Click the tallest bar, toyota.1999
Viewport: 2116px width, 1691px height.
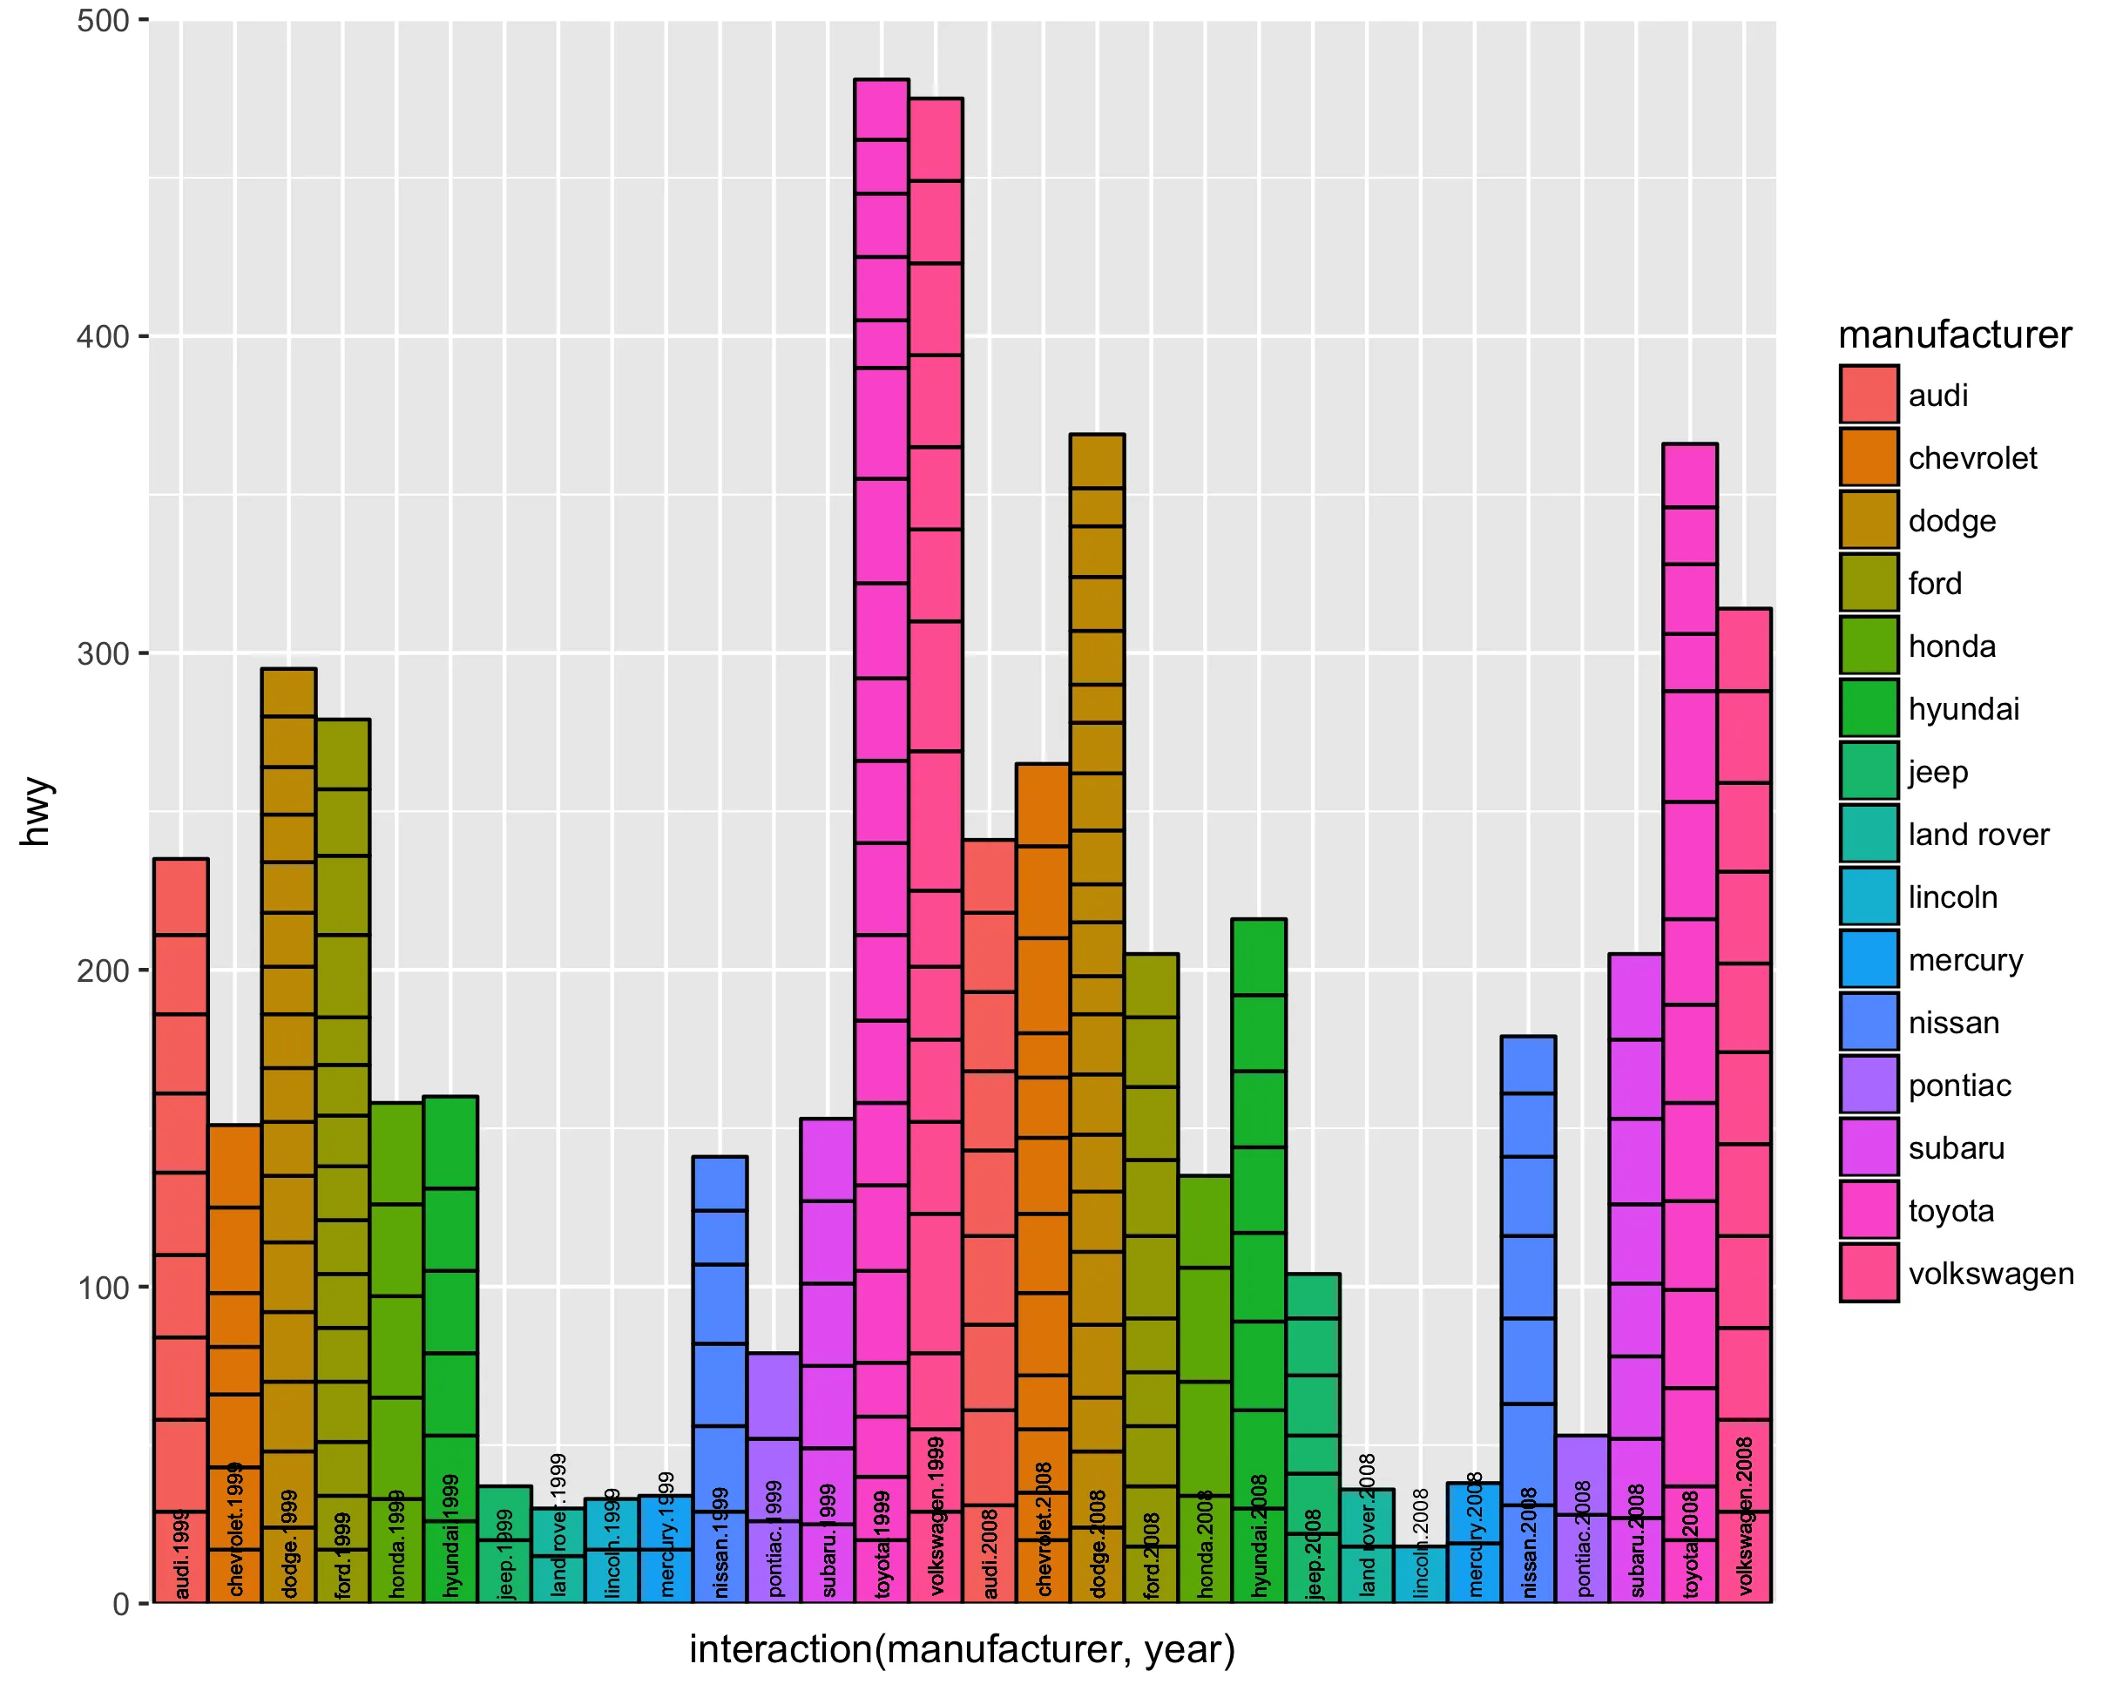pos(881,785)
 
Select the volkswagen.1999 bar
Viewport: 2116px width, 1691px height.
pos(936,785)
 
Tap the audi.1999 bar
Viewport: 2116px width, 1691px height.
pos(180,1178)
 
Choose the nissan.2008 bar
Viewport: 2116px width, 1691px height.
pos(1527,1275)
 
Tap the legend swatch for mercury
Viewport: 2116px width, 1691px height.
pos(1869,959)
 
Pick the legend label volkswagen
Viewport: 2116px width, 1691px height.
pos(1991,1273)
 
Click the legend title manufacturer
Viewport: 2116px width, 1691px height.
pos(1954,335)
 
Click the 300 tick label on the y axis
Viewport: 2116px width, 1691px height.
pos(103,653)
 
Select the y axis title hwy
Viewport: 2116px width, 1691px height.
pos(37,811)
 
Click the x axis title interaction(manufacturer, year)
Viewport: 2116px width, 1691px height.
pos(962,1649)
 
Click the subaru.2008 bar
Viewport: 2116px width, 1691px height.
pos(1635,1275)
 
